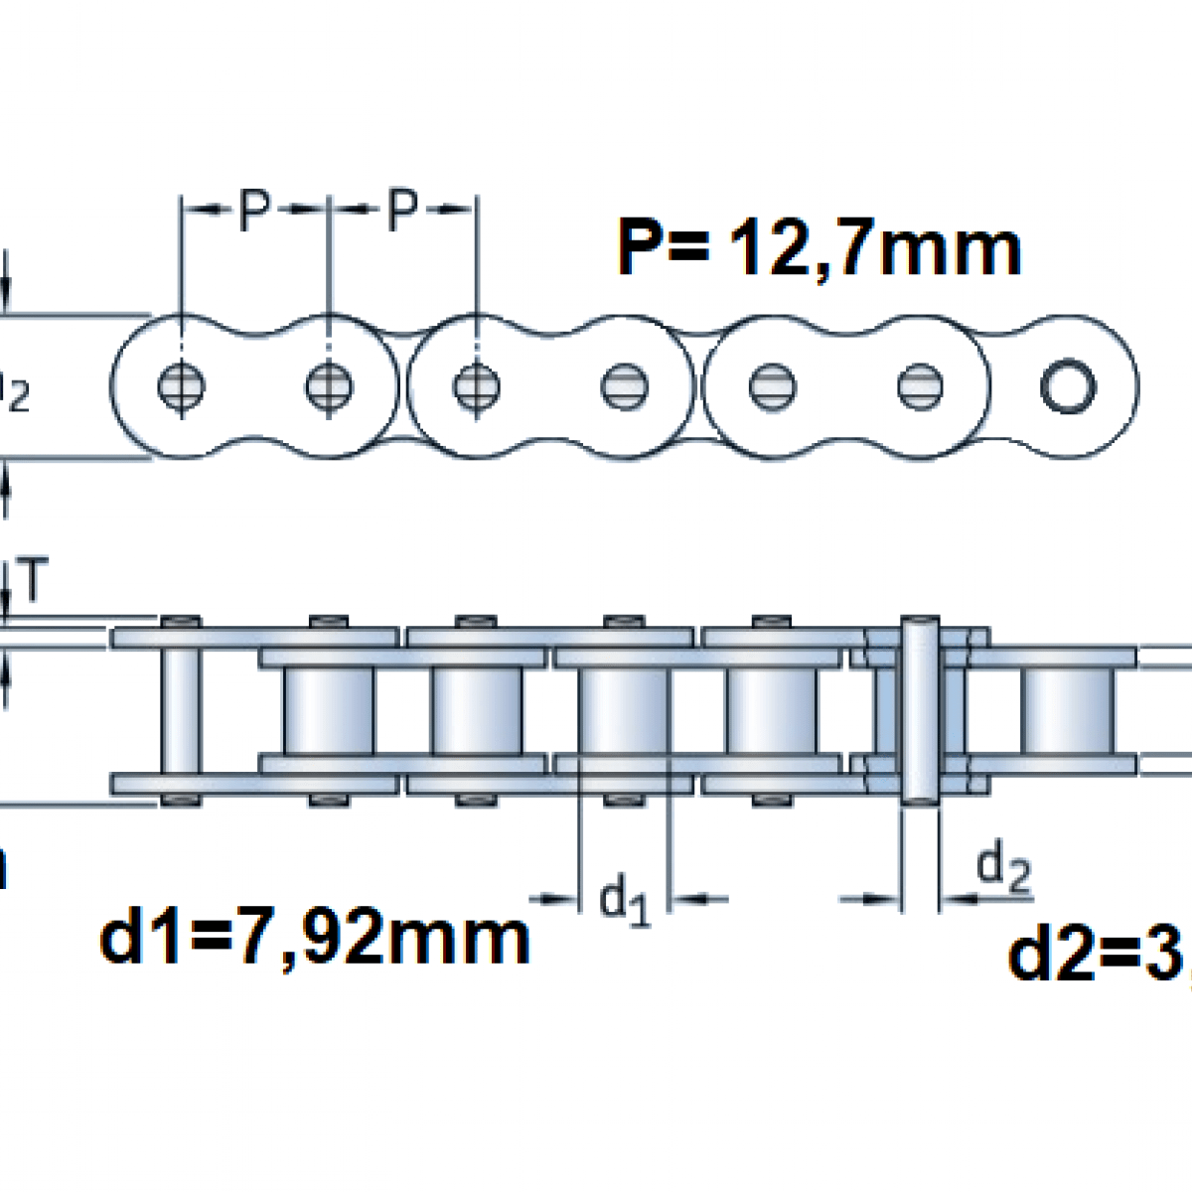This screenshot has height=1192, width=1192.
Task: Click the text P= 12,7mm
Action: (x=819, y=247)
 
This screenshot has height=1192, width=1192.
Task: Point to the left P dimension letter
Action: (x=255, y=210)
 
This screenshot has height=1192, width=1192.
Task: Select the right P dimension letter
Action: (x=401, y=210)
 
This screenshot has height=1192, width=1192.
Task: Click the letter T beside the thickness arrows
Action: (x=33, y=583)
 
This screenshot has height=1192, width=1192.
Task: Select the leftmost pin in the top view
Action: (x=181, y=384)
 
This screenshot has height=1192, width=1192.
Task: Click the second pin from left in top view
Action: (x=328, y=384)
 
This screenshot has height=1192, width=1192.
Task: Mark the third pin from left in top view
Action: (x=476, y=384)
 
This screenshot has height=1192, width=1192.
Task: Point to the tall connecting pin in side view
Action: (x=919, y=710)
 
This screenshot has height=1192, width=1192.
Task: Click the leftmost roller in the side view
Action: (x=329, y=710)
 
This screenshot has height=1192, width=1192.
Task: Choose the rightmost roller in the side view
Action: (x=1066, y=710)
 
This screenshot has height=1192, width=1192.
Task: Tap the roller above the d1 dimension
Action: (x=624, y=710)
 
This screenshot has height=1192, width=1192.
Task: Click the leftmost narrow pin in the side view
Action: (x=181, y=710)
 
